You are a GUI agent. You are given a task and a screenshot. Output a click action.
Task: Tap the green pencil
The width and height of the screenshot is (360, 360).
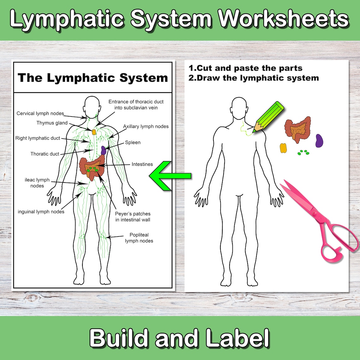[268, 116]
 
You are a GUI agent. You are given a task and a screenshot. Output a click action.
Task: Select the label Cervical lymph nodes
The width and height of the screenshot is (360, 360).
[40, 113]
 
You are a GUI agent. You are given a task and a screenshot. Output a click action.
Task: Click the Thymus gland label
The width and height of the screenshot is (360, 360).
[52, 123]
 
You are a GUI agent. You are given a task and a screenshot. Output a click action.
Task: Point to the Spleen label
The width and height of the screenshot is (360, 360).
[133, 142]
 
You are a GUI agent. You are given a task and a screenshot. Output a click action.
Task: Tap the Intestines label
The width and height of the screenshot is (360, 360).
[142, 164]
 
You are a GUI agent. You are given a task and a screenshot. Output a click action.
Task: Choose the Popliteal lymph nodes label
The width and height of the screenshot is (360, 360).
[139, 238]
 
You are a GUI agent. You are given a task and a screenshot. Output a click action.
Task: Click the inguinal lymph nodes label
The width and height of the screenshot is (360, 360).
[41, 212]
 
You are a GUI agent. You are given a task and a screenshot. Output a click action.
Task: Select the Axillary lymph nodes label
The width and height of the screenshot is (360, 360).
[146, 126]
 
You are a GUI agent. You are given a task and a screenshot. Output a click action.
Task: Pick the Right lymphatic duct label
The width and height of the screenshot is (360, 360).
[38, 138]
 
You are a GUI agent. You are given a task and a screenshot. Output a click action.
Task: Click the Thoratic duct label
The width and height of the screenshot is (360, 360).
[45, 154]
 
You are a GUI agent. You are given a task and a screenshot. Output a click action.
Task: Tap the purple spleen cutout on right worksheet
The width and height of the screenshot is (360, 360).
[319, 141]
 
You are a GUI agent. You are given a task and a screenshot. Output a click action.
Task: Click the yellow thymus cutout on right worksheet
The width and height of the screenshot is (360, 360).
[283, 148]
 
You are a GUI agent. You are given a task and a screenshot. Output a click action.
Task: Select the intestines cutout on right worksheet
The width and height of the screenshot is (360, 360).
[297, 130]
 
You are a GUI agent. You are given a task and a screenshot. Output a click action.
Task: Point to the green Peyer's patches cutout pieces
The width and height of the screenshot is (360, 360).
[303, 153]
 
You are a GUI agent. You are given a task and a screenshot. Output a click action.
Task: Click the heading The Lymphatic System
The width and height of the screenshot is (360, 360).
[93, 78]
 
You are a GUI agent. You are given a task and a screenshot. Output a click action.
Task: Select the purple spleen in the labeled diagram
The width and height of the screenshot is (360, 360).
[103, 150]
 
